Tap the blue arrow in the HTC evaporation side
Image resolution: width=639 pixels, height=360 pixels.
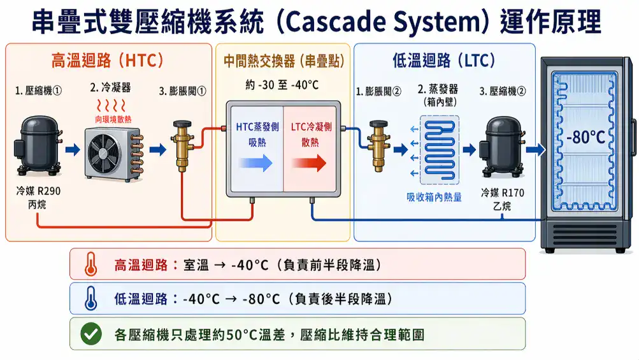pos(254,163)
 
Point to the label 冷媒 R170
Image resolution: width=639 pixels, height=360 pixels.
pos(503,192)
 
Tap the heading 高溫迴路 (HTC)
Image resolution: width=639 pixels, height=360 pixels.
pos(108,61)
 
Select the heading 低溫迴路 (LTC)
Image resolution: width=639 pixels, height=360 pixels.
pos(445,61)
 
